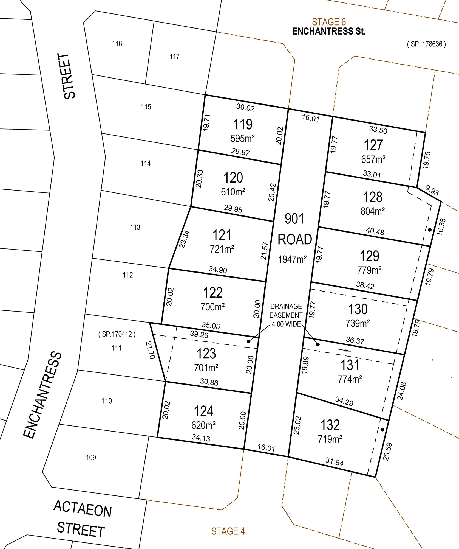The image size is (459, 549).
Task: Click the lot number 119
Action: (243, 125)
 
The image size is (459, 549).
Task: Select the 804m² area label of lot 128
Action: (373, 211)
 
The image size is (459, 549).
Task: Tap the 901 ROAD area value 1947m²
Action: (292, 259)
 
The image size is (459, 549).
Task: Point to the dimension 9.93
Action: (432, 190)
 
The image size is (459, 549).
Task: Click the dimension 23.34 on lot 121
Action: (185, 239)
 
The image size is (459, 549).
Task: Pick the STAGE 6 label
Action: (329, 22)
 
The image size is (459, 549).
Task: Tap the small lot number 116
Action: (117, 44)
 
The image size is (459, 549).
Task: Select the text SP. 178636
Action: (426, 44)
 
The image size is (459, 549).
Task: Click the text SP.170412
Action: (117, 334)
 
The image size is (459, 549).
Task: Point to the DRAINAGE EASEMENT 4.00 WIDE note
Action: (286, 315)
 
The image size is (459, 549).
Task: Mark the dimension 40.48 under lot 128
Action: (375, 231)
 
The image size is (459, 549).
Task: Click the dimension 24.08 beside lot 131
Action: (402, 391)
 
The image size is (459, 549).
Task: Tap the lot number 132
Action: (330, 425)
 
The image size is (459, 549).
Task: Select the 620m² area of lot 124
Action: (203, 425)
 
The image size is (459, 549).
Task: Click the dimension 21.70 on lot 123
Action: (151, 350)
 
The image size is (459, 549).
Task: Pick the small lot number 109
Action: (91, 457)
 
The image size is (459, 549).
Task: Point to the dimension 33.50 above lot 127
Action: (378, 130)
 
